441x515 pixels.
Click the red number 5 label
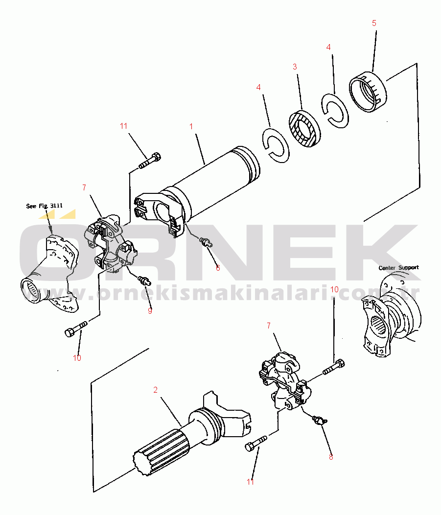[x=374, y=23]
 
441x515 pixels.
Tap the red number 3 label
[x=295, y=67]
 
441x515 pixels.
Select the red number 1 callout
[x=191, y=126]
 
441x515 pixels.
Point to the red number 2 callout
[x=155, y=390]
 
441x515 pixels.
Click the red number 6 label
[x=218, y=268]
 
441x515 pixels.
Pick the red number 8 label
[x=331, y=457]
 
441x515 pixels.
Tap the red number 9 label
[x=150, y=311]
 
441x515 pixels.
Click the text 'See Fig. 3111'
[x=45, y=206]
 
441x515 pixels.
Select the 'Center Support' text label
[x=398, y=268]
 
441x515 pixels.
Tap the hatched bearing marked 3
[x=305, y=128]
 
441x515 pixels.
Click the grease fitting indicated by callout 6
[x=206, y=242]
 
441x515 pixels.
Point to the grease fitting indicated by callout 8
[x=320, y=420]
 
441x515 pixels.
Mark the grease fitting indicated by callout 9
[x=144, y=280]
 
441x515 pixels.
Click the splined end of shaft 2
[x=161, y=451]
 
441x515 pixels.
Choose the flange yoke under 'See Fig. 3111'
[x=50, y=274]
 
